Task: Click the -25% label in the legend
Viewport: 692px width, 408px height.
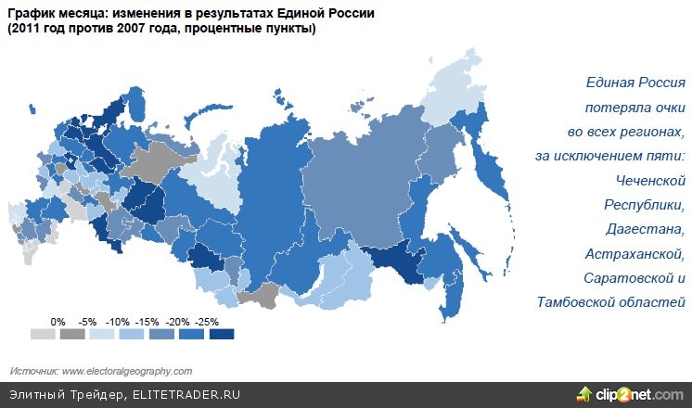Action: [x=208, y=321]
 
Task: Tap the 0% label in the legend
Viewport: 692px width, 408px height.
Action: [x=58, y=321]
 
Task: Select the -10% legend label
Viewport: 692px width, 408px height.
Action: [x=118, y=321]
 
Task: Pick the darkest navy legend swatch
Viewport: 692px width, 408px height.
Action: [x=221, y=334]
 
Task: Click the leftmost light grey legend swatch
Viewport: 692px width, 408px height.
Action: [x=43, y=334]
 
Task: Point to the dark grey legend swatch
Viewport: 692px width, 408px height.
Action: [x=72, y=334]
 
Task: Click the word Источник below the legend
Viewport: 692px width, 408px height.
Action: [x=34, y=371]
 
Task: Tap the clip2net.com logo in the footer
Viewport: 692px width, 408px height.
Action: [x=631, y=393]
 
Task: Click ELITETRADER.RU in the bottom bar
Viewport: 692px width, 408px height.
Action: [x=186, y=394]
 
